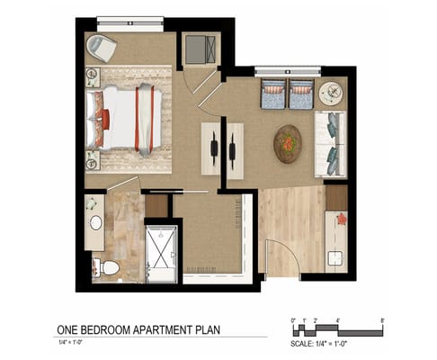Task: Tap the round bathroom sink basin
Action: click(x=96, y=223)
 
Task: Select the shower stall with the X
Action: click(x=161, y=247)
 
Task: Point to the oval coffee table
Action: click(x=288, y=144)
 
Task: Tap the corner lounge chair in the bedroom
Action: click(x=101, y=48)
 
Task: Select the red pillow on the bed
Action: click(x=105, y=119)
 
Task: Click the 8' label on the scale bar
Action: click(x=382, y=320)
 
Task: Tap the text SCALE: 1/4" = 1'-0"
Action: click(x=318, y=343)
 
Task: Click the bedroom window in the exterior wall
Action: click(x=130, y=23)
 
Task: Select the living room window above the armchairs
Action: click(x=288, y=71)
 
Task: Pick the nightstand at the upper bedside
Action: click(x=93, y=77)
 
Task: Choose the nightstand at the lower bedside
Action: click(x=93, y=160)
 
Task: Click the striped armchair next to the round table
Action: click(x=301, y=94)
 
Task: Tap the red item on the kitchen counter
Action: click(x=342, y=219)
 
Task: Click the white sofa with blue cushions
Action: click(x=330, y=144)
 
